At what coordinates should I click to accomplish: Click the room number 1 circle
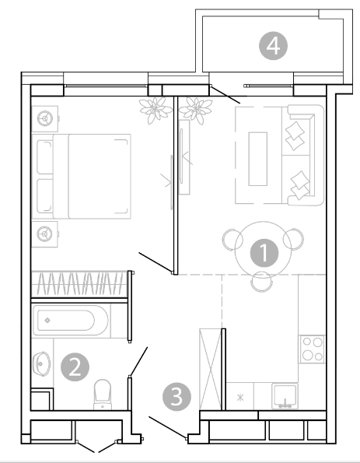pos(264,253)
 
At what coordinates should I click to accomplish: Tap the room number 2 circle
pos(75,367)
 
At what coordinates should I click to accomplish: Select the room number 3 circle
pos(177,397)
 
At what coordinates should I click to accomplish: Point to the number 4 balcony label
pos(273,46)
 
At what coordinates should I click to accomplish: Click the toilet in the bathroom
pos(103,395)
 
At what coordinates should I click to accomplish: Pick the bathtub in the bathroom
pos(70,321)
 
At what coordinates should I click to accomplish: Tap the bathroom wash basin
pos(42,363)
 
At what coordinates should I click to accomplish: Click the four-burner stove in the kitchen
pos(313,349)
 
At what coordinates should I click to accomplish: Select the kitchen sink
pos(285,396)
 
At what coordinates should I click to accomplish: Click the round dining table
pos(264,249)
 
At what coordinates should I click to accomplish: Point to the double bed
pos(82,177)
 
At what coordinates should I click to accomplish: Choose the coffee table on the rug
pos(258,159)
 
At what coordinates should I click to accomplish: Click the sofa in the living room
pos(303,155)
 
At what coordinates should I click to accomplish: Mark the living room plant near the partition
pos(196,110)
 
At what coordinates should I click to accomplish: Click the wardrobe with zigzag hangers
pos(79,284)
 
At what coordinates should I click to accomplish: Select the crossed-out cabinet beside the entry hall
pos(211,369)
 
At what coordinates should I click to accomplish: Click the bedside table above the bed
pos(45,119)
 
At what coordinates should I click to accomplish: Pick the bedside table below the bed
pos(45,234)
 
